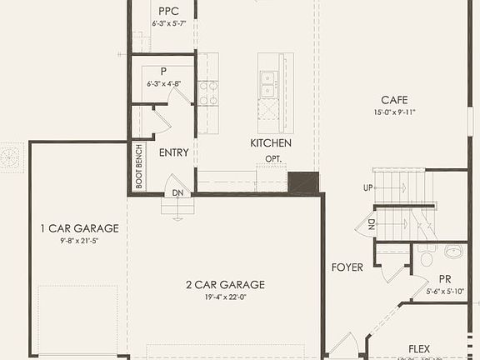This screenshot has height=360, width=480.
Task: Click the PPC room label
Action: [164, 11]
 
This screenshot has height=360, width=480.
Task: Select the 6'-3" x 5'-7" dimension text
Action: [163, 24]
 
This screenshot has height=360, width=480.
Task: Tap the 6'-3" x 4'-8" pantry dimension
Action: [164, 83]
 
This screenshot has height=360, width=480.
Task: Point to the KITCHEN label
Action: [271, 143]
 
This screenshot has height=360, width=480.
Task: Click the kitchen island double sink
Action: [268, 81]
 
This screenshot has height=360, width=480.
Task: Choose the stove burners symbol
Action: [208, 92]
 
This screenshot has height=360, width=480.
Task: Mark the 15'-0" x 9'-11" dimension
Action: [394, 112]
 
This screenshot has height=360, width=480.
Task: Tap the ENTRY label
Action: [173, 152]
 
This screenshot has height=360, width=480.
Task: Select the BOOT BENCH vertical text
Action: [138, 167]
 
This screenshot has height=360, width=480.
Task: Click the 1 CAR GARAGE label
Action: [79, 227]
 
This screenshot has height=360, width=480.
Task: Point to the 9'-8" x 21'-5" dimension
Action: [79, 241]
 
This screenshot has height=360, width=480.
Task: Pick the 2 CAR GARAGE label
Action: [225, 284]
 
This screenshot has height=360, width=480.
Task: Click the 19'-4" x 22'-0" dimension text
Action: [225, 297]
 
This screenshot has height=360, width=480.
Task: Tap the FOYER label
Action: [347, 267]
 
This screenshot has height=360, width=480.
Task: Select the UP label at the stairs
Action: [367, 188]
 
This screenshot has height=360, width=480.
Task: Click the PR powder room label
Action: [445, 279]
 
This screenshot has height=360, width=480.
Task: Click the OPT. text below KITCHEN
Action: [274, 158]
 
